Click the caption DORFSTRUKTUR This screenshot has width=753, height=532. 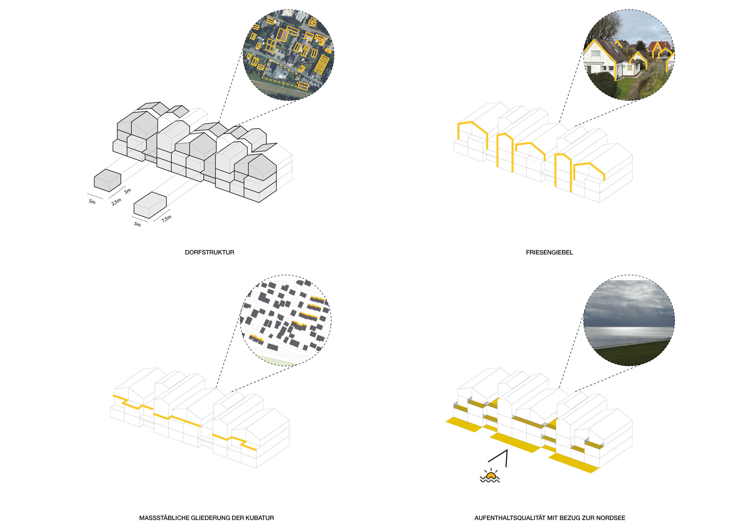pyautogui.click(x=210, y=252)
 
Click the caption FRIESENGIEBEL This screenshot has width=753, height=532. pyautogui.click(x=549, y=252)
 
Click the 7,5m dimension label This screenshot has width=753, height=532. pyautogui.click(x=166, y=219)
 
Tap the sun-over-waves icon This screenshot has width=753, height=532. pyautogui.click(x=490, y=475)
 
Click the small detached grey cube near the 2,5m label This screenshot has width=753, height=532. pyautogui.click(x=107, y=180)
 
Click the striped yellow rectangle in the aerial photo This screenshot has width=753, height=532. pyautogui.click(x=321, y=64)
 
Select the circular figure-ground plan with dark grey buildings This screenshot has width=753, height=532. pyautogui.click(x=286, y=320)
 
